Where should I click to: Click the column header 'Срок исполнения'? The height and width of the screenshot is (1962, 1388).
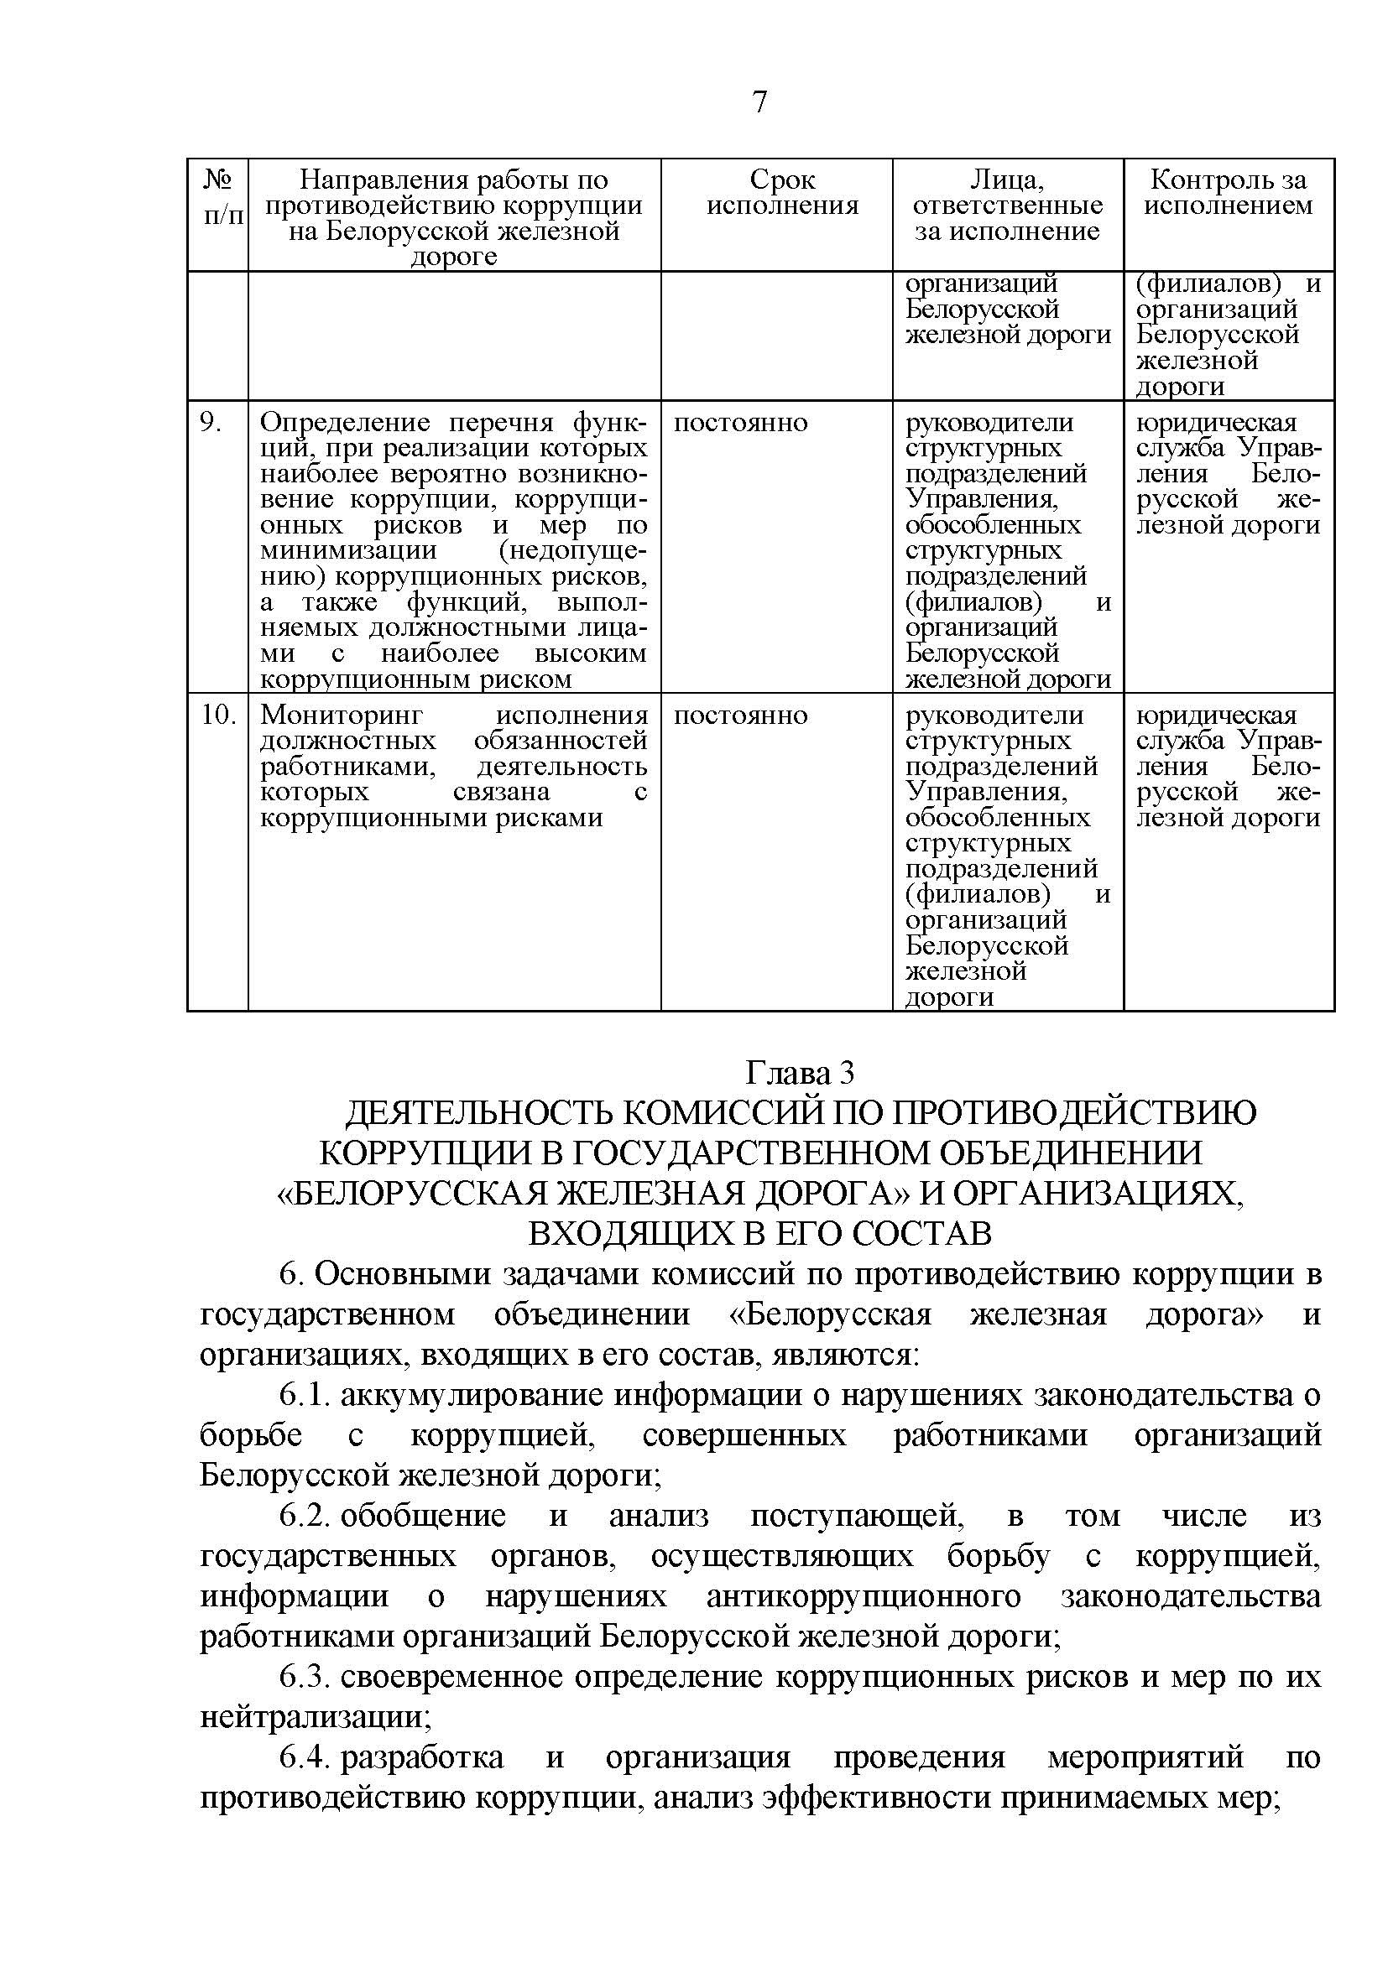point(781,193)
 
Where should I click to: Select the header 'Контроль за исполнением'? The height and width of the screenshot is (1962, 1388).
point(1229,193)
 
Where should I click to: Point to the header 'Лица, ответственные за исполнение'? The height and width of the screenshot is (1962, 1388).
point(1007,206)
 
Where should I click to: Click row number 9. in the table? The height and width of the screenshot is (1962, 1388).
point(211,423)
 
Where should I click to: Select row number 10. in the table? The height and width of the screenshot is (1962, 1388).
point(218,716)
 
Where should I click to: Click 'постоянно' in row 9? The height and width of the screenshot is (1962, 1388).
point(740,423)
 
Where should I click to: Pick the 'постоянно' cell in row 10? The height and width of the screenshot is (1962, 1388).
point(740,716)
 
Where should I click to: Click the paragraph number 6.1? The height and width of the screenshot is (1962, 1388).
point(305,1396)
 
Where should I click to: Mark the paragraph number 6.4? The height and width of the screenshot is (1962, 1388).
point(305,1758)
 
